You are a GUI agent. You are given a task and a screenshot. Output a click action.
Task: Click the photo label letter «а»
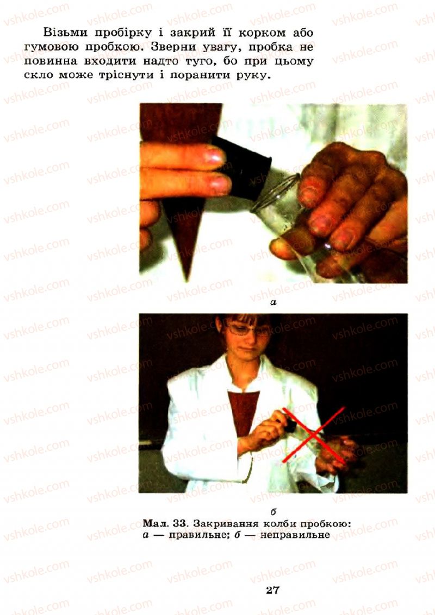tap(274, 302)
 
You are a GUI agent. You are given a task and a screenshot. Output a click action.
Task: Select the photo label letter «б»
tap(274, 511)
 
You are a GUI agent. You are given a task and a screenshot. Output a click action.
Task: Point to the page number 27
tap(273, 590)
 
